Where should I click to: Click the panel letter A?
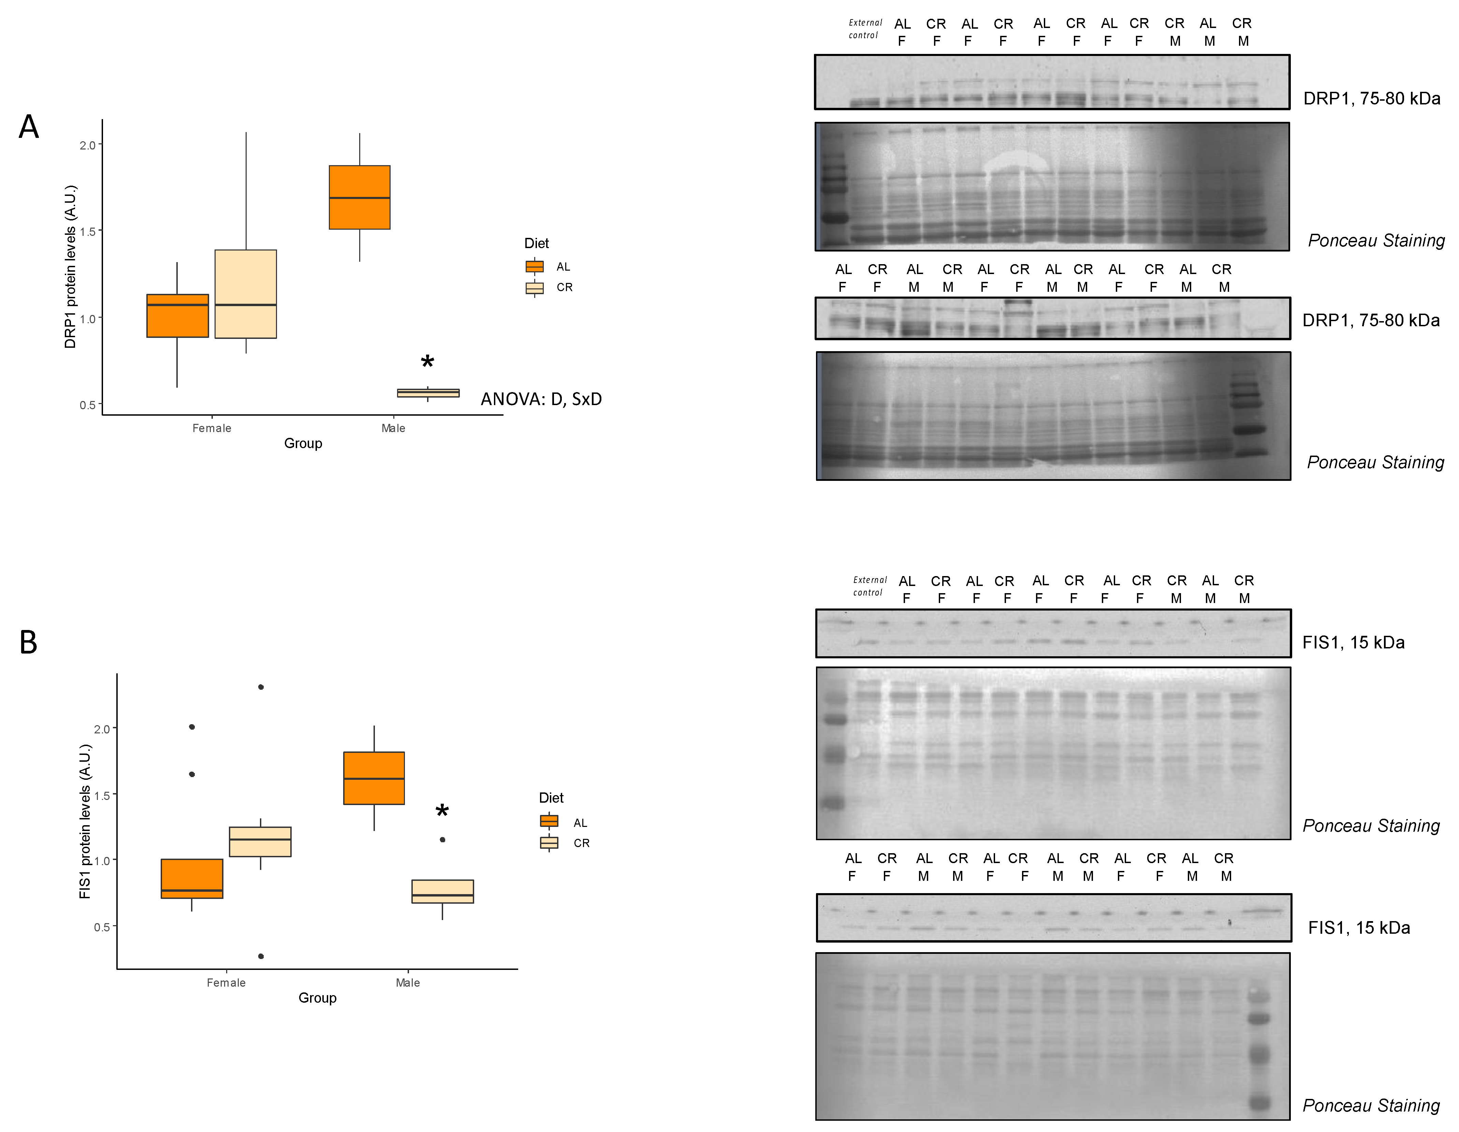point(29,127)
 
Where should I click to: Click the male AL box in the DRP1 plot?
point(360,197)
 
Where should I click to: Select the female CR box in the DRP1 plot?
point(246,294)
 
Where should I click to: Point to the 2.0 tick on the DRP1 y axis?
point(88,145)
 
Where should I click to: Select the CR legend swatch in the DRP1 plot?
point(535,288)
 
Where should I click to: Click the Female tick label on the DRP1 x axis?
point(212,428)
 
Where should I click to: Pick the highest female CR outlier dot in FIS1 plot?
point(261,687)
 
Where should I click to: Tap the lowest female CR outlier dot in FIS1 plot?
point(261,956)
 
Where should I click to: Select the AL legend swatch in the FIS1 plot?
point(549,821)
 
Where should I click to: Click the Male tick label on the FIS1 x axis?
point(408,983)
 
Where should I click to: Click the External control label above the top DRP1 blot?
point(865,29)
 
